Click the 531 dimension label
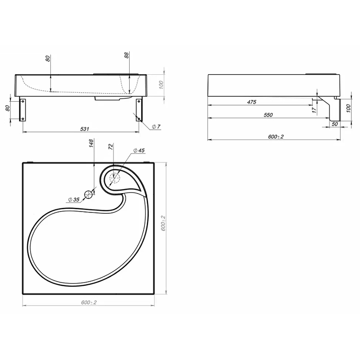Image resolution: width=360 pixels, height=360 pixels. point(85,129)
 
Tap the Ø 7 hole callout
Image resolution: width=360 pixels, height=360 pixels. point(156,126)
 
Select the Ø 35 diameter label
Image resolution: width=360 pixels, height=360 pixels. point(74,199)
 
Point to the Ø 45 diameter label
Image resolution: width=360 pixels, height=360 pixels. point(139,150)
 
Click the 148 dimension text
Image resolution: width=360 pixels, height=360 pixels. point(91,143)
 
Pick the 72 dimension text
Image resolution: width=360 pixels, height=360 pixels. point(111,147)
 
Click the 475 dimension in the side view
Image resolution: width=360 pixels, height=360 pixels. point(252,102)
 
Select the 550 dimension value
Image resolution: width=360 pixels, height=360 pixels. point(268,115)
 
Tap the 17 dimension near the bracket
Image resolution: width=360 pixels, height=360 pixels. point(314,110)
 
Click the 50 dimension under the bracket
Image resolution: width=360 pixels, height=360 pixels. point(335,124)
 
